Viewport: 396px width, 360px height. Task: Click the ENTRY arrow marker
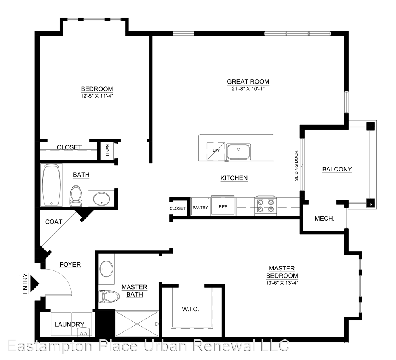click(34, 284)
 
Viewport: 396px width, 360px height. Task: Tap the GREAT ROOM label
click(248, 82)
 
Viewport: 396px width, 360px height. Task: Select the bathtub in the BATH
click(51, 185)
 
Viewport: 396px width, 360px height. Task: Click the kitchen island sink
click(238, 152)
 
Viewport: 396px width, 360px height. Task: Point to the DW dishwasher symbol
click(216, 151)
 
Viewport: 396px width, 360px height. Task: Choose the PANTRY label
click(200, 208)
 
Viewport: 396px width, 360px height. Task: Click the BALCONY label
click(337, 169)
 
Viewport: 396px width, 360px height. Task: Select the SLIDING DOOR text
click(297, 166)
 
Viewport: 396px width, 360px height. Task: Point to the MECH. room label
click(325, 219)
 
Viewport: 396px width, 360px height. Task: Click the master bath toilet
click(109, 296)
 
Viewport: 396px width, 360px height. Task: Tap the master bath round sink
click(107, 269)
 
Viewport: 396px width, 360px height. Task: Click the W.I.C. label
click(191, 309)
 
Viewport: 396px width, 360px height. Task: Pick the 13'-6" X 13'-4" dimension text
click(282, 283)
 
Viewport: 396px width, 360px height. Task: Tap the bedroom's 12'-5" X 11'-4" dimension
click(97, 96)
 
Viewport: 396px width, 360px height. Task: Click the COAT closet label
click(53, 222)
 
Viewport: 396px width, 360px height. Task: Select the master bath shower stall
click(137, 324)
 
